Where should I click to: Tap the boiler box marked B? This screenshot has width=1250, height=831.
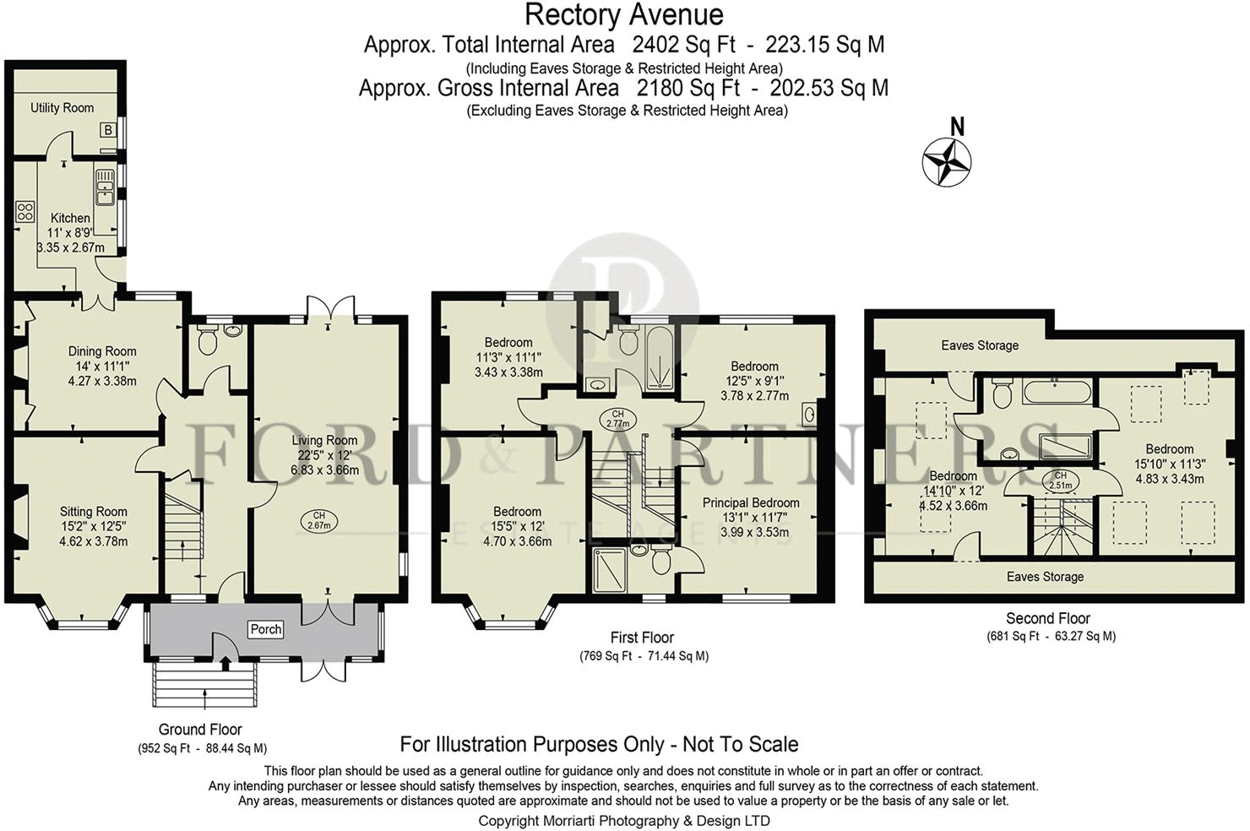coord(108,130)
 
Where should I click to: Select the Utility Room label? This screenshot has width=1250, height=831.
coord(62,108)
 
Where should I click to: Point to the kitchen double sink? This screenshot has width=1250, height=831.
coord(105,187)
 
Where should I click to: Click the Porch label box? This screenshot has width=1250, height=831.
coord(266,629)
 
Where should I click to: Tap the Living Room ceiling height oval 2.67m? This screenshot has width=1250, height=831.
coord(318,521)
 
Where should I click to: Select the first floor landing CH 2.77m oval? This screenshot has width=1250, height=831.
coord(617,419)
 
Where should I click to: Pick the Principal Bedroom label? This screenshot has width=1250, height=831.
coord(751,502)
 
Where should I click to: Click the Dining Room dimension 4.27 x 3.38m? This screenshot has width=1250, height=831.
coord(102,382)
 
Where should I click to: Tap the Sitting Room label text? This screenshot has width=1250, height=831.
coord(93,511)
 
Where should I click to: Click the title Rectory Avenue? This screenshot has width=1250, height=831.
coord(624,15)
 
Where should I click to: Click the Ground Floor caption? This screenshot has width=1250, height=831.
coord(200,730)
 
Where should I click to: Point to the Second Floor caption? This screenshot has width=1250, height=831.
coord(1048,618)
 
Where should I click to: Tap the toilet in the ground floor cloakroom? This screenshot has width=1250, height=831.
coord(207,340)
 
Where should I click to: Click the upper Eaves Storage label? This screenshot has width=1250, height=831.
coord(980,345)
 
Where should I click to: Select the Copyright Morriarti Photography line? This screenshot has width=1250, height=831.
coord(624,821)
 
